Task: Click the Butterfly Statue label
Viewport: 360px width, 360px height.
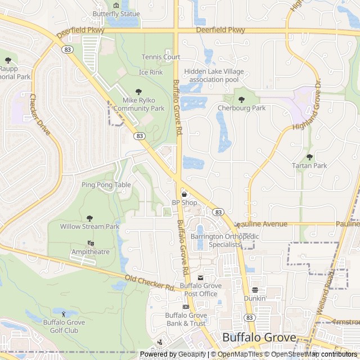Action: [x=116, y=13]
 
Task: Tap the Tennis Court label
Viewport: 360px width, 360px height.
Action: [x=161, y=57]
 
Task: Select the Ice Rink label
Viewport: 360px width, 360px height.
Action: [x=151, y=72]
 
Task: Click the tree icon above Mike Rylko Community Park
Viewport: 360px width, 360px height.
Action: [x=139, y=92]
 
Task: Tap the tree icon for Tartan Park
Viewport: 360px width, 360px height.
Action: [x=309, y=157]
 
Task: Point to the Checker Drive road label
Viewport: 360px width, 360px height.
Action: [x=39, y=115]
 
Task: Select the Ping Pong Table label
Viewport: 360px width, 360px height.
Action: [x=106, y=184]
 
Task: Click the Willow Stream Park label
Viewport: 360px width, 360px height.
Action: [x=90, y=226]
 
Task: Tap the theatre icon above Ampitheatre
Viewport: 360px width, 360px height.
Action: [x=91, y=243]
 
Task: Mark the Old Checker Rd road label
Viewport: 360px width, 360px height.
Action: [x=150, y=282]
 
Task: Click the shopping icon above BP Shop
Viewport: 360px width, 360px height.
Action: [x=184, y=194]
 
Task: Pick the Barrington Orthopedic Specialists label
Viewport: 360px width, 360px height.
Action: [x=224, y=241]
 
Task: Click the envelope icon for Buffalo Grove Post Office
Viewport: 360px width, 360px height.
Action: [x=201, y=278]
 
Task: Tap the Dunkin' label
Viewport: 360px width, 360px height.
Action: [x=255, y=299]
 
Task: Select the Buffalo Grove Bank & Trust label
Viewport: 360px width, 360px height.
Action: [x=186, y=319]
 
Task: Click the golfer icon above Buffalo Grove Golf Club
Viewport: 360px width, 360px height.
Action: [x=63, y=313]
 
